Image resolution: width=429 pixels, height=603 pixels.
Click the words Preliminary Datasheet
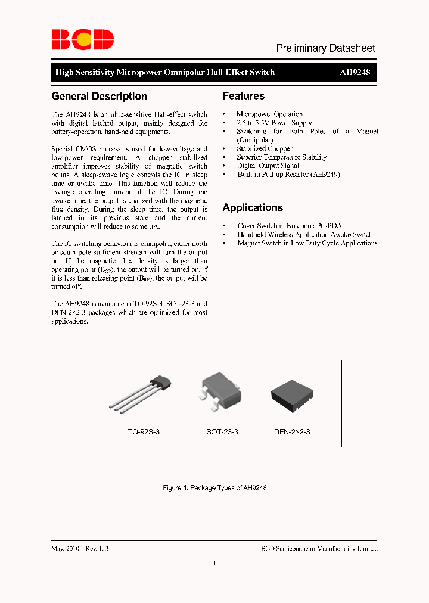(325, 48)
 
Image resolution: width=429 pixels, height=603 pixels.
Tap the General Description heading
(100, 96)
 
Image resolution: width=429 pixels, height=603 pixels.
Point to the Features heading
(244, 96)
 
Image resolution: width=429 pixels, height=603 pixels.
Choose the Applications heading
(253, 208)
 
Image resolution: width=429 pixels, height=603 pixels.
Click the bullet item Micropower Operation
(269, 114)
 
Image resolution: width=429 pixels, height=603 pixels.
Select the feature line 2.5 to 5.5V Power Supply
(274, 123)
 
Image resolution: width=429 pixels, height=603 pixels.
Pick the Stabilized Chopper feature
(265, 148)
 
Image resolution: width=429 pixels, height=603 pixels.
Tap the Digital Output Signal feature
(268, 166)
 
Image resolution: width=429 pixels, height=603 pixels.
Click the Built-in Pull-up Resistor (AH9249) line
(288, 175)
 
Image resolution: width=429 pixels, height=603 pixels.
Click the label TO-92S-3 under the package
(144, 431)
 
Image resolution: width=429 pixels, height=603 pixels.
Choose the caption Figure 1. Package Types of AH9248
(214, 487)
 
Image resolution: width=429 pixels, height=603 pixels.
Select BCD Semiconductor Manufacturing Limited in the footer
(319, 548)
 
